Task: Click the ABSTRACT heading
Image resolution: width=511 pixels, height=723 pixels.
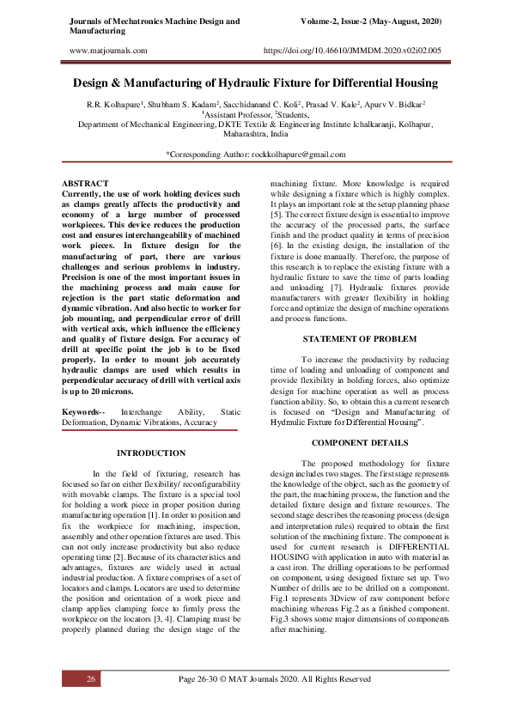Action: (x=85, y=184)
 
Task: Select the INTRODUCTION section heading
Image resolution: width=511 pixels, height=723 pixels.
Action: (x=150, y=453)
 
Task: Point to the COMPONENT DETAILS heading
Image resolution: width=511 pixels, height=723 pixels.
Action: (x=359, y=441)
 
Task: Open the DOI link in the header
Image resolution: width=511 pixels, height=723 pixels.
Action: (x=355, y=52)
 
